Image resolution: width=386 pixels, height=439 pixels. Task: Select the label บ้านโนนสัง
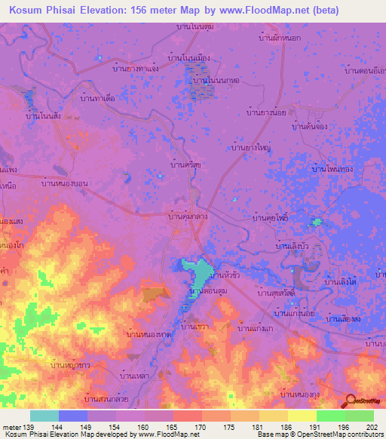point(43,115)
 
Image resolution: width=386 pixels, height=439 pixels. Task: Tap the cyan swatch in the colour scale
point(44,416)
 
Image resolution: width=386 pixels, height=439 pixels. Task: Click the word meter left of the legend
point(12,428)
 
